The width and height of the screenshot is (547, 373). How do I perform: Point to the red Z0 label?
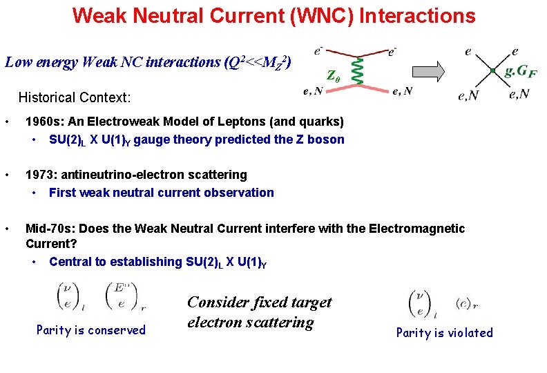333,75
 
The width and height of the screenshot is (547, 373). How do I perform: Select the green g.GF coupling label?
522,71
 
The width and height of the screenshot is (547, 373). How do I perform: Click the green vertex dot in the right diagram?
492,71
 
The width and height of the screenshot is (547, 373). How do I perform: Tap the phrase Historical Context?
75,97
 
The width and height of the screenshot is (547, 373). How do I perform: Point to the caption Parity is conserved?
91,330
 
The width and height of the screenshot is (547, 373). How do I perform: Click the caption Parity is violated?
444,333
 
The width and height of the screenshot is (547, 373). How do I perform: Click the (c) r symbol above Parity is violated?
467,303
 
